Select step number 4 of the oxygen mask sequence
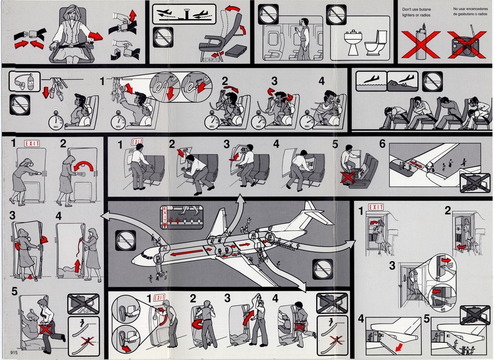click(321, 80)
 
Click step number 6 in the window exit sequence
click(382, 144)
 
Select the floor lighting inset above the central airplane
click(183, 216)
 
